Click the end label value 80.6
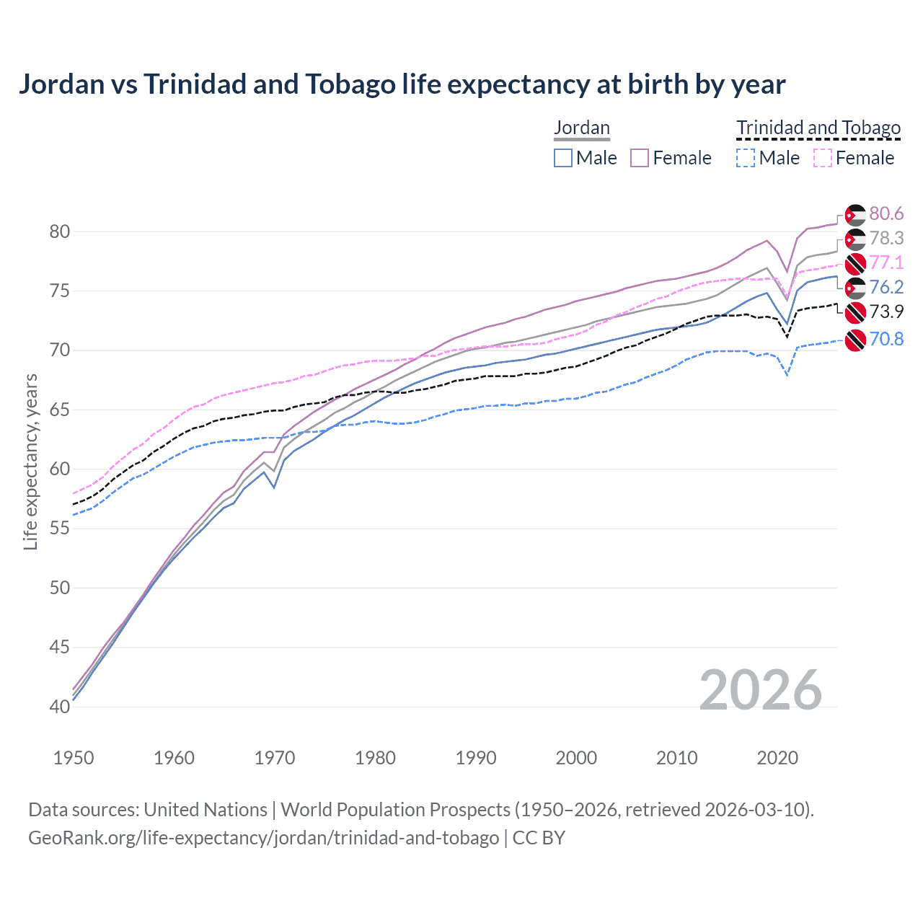click(886, 213)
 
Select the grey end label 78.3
click(886, 238)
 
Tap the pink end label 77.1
click(886, 262)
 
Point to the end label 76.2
click(886, 287)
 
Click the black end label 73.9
click(886, 312)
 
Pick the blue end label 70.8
click(886, 339)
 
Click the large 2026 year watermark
click(761, 690)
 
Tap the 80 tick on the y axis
click(60, 231)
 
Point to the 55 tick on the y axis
click(60, 529)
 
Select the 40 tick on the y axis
click(60, 707)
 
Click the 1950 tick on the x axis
click(74, 758)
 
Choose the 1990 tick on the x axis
click(476, 758)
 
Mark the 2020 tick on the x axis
click(777, 758)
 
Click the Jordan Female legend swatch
click(640, 158)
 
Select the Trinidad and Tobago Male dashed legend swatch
click(746, 158)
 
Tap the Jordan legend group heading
click(582, 128)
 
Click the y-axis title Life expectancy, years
click(30, 461)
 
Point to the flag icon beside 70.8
click(855, 340)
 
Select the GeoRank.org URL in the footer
click(263, 838)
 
